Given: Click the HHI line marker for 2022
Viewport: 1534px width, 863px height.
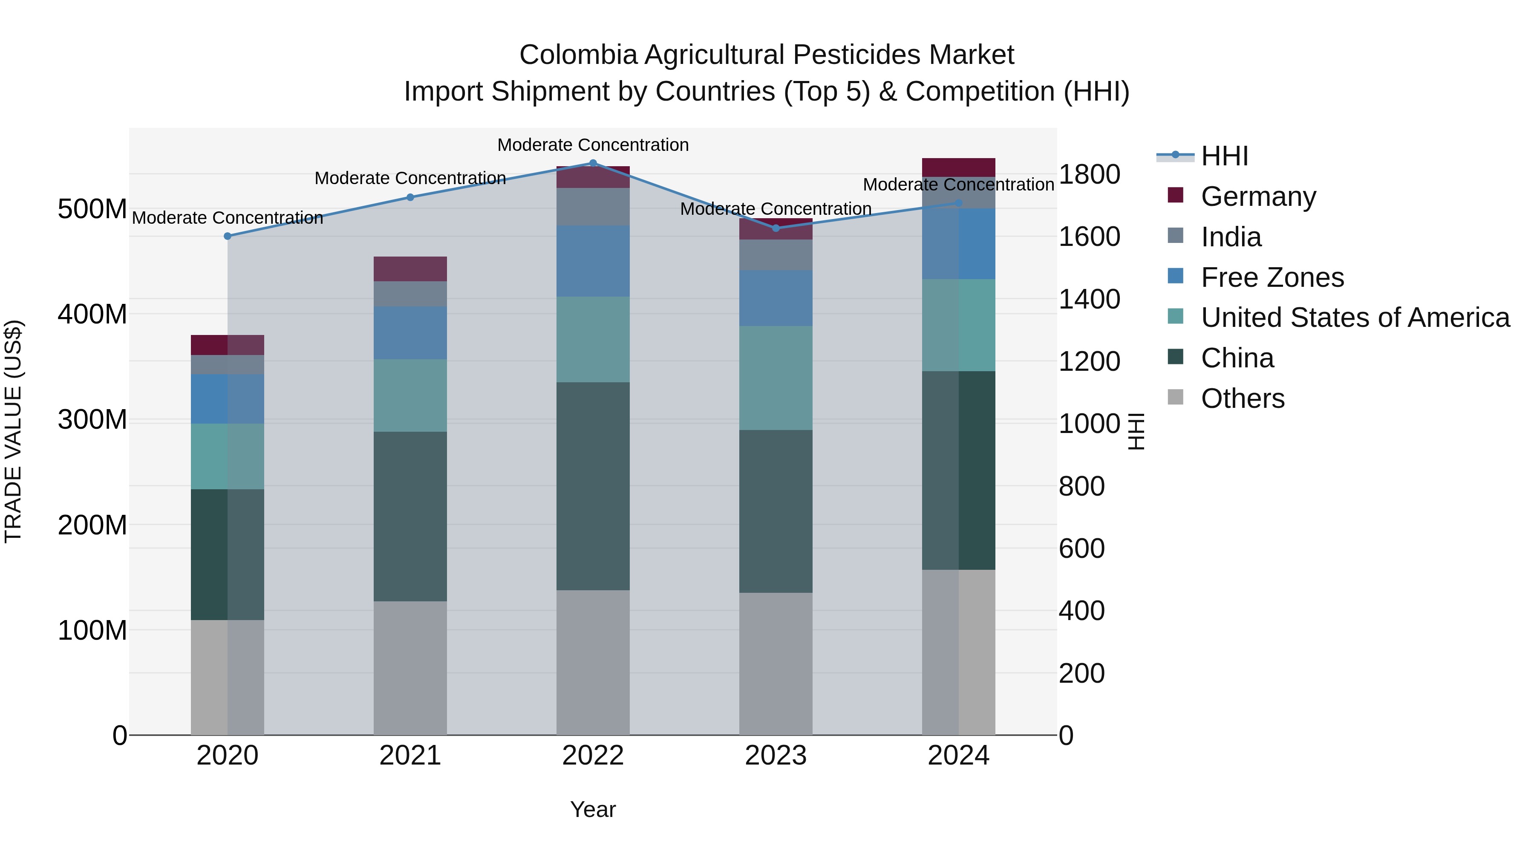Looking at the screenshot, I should (x=593, y=163).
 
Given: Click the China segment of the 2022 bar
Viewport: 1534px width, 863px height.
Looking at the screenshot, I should (x=593, y=485).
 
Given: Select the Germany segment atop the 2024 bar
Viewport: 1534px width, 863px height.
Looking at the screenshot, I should (x=958, y=167).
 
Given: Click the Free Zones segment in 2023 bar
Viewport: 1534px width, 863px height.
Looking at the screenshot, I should (x=776, y=298).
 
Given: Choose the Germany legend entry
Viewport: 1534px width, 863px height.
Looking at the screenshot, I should (x=1258, y=196).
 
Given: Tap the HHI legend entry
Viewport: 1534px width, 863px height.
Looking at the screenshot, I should (x=1224, y=156).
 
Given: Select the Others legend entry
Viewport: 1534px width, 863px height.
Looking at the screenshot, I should (x=1242, y=398).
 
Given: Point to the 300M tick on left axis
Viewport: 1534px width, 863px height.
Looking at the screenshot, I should (x=92, y=420).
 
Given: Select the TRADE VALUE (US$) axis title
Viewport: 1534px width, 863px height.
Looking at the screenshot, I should (x=13, y=431).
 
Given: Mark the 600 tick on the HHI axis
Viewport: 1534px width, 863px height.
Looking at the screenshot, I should (x=1081, y=548).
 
